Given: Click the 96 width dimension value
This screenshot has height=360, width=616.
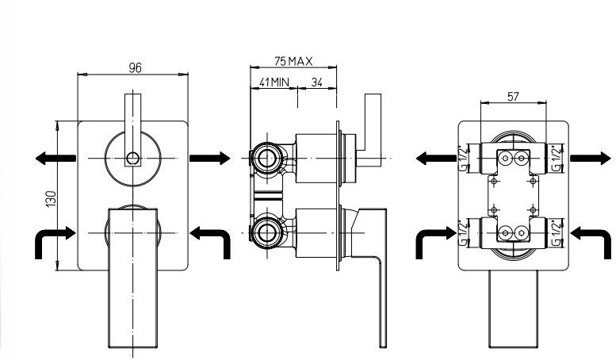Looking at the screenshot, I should (x=135, y=68).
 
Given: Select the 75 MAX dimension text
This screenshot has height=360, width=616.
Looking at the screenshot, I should (x=293, y=61).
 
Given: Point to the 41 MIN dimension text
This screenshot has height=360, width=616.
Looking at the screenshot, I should (x=273, y=81).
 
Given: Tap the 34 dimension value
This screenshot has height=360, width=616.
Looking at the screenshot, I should (x=316, y=81).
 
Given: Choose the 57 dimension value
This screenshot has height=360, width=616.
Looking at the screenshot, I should (x=513, y=97).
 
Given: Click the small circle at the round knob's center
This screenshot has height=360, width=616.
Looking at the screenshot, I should (x=132, y=158).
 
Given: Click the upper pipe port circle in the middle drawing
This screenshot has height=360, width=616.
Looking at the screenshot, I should (x=267, y=158).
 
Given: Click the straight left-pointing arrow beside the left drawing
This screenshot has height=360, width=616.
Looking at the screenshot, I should (x=55, y=158).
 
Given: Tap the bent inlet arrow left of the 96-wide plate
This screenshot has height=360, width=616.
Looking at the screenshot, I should (x=54, y=239).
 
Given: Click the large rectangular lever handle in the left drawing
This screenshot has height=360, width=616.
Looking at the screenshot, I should (x=133, y=278).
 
